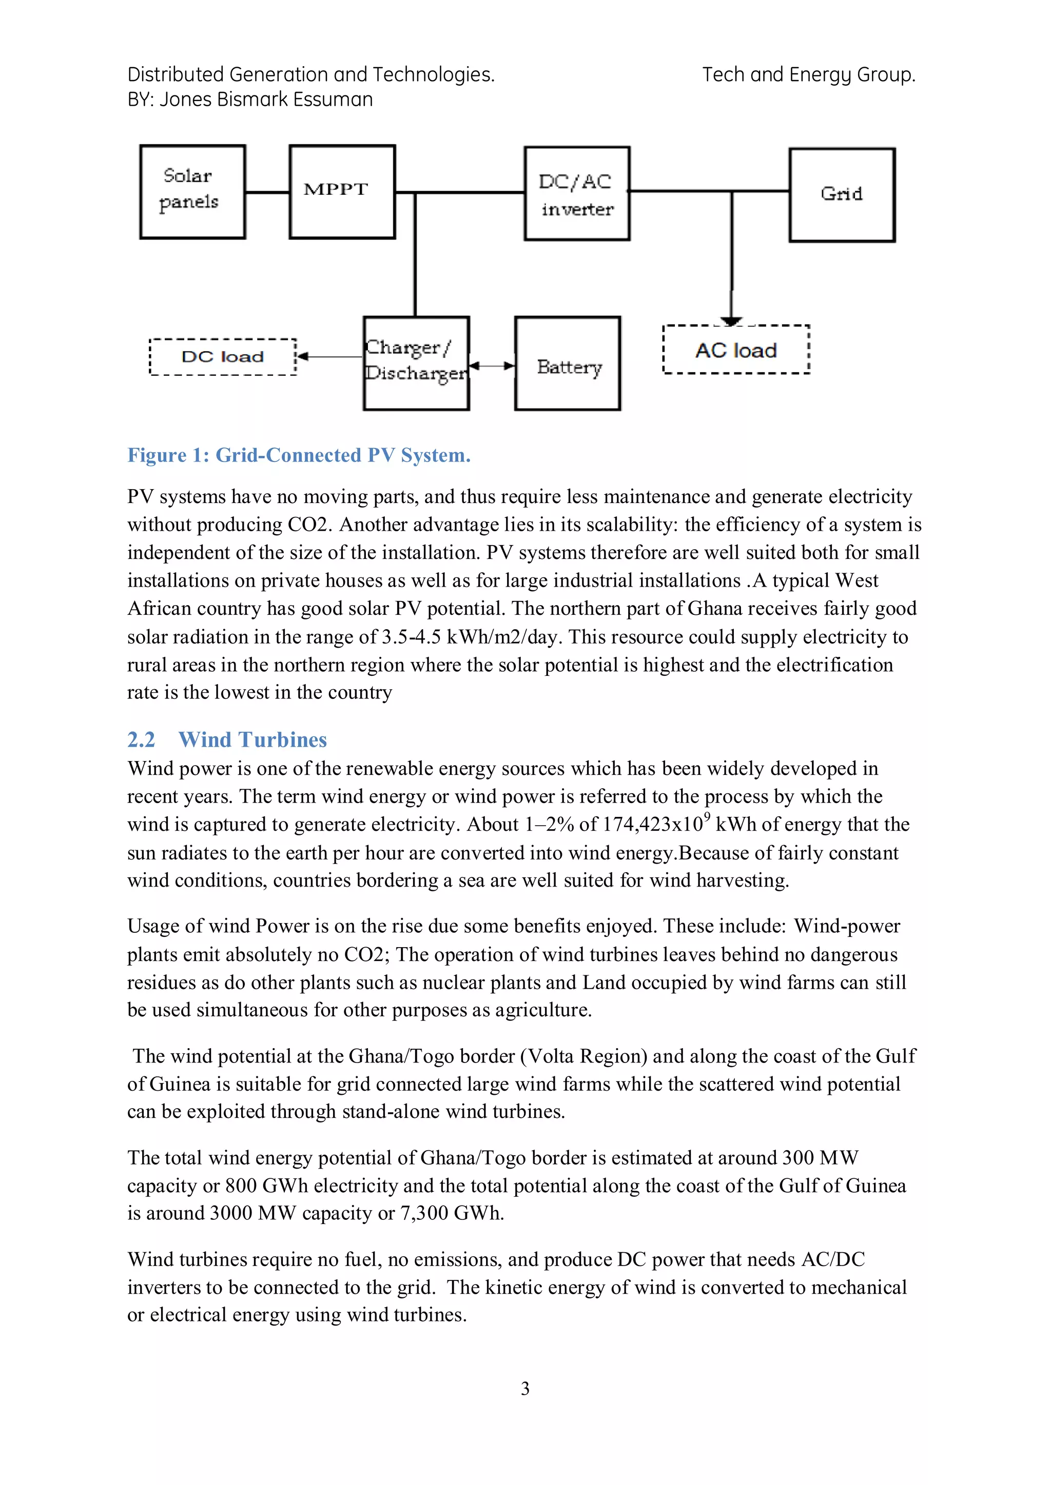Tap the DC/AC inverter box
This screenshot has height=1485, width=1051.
click(x=577, y=194)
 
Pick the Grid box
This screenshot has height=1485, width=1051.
click(x=841, y=195)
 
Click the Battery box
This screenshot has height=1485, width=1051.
click(x=568, y=364)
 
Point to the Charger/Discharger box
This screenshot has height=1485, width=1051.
click(x=416, y=364)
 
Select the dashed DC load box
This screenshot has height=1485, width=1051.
click(x=223, y=357)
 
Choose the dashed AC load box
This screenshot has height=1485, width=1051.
click(x=736, y=350)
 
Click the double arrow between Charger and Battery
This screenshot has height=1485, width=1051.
click(x=492, y=366)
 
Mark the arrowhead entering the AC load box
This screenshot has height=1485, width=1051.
click(x=731, y=321)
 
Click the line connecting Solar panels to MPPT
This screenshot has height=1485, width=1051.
click(x=267, y=192)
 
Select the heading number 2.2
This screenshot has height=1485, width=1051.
click(x=141, y=740)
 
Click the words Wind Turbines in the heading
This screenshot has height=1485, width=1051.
click(x=252, y=740)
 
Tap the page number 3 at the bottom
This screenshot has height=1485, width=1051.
click(x=525, y=1389)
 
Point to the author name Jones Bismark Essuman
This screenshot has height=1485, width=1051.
click(x=266, y=99)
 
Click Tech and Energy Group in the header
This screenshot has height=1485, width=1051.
click(x=808, y=75)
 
